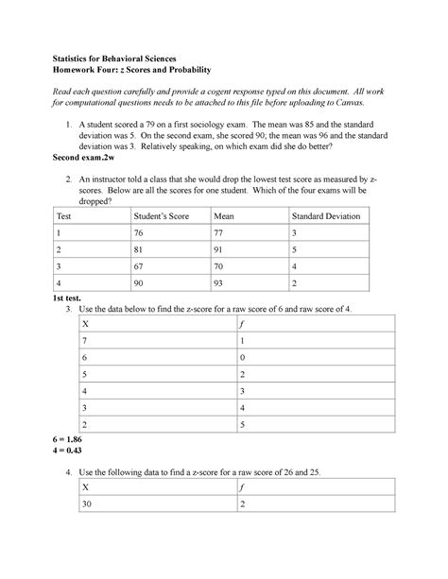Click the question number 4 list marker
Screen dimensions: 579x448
click(67, 471)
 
